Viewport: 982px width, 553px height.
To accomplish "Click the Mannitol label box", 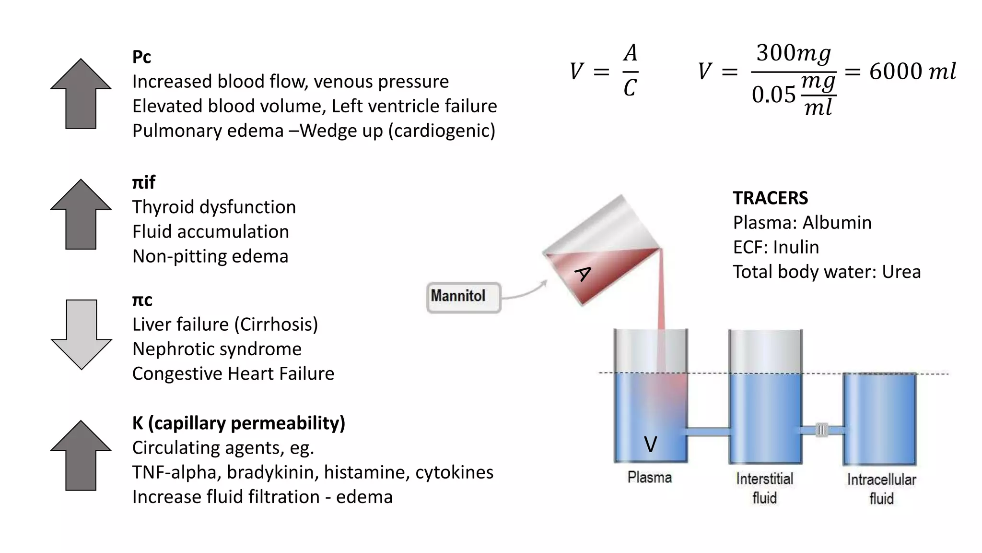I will pos(463,297).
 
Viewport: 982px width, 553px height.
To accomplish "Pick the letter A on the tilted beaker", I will pos(583,274).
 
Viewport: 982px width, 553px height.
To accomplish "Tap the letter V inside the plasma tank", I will pos(650,445).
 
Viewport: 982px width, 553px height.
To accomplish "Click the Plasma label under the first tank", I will pos(650,478).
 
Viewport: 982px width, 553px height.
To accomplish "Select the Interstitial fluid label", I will pos(765,488).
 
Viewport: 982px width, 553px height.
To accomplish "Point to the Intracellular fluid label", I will pos(881,489).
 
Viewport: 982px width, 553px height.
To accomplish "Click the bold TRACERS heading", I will pos(770,198).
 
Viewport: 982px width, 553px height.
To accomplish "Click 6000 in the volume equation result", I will pos(895,72).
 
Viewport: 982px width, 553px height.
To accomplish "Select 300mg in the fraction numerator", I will pos(793,53).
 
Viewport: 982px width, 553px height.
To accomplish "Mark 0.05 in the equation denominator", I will pos(773,95).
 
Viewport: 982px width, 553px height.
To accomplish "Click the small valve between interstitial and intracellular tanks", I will pos(822,430).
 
